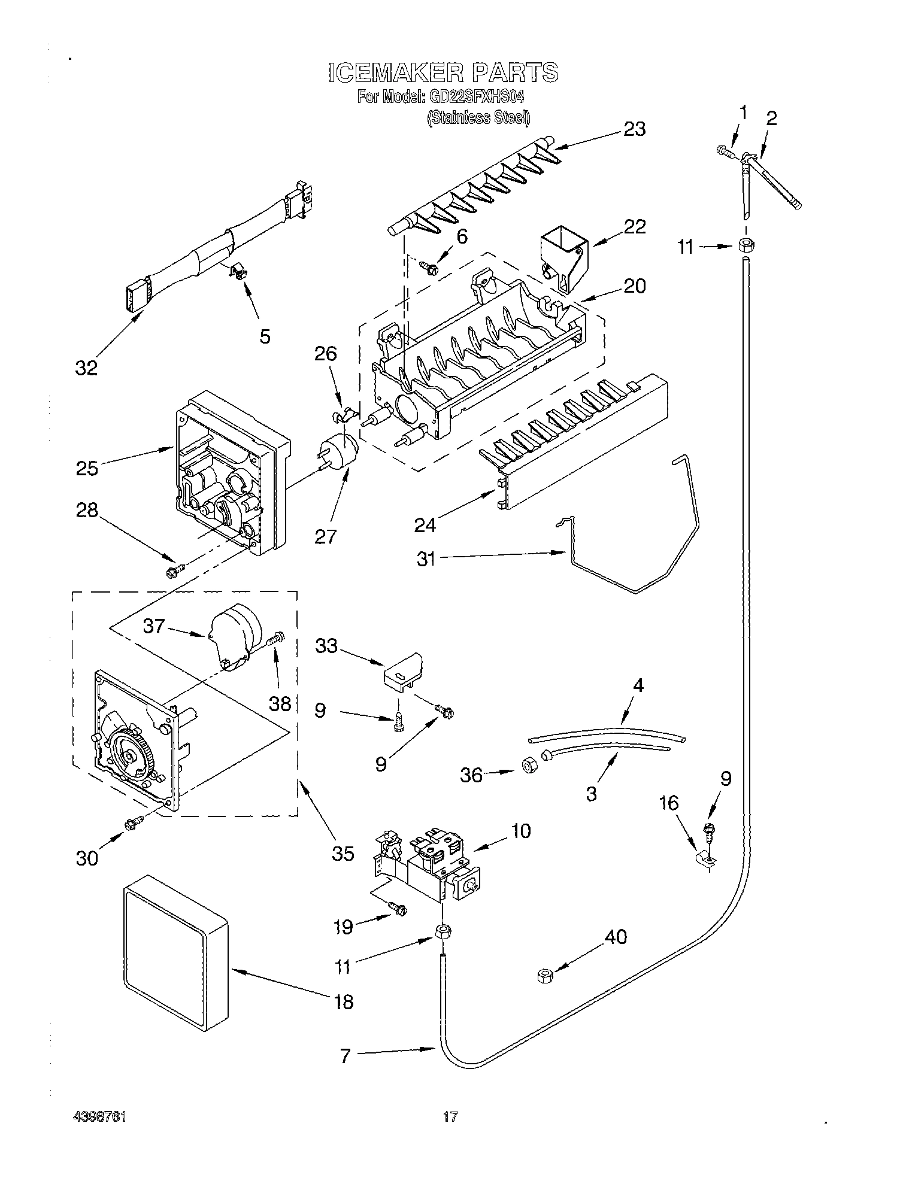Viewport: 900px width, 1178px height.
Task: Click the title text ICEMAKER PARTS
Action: coord(443,72)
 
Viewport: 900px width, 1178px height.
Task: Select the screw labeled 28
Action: coord(174,572)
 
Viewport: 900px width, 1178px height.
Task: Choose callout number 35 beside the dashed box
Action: coord(343,852)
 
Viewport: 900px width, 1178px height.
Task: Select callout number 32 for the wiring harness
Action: coord(86,368)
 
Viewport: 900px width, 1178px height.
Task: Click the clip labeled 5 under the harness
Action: coord(238,273)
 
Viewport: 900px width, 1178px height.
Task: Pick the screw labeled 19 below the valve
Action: coord(398,909)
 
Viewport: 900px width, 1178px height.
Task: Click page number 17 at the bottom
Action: coord(450,1116)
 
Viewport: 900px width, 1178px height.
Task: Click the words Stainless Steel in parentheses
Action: coord(478,119)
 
